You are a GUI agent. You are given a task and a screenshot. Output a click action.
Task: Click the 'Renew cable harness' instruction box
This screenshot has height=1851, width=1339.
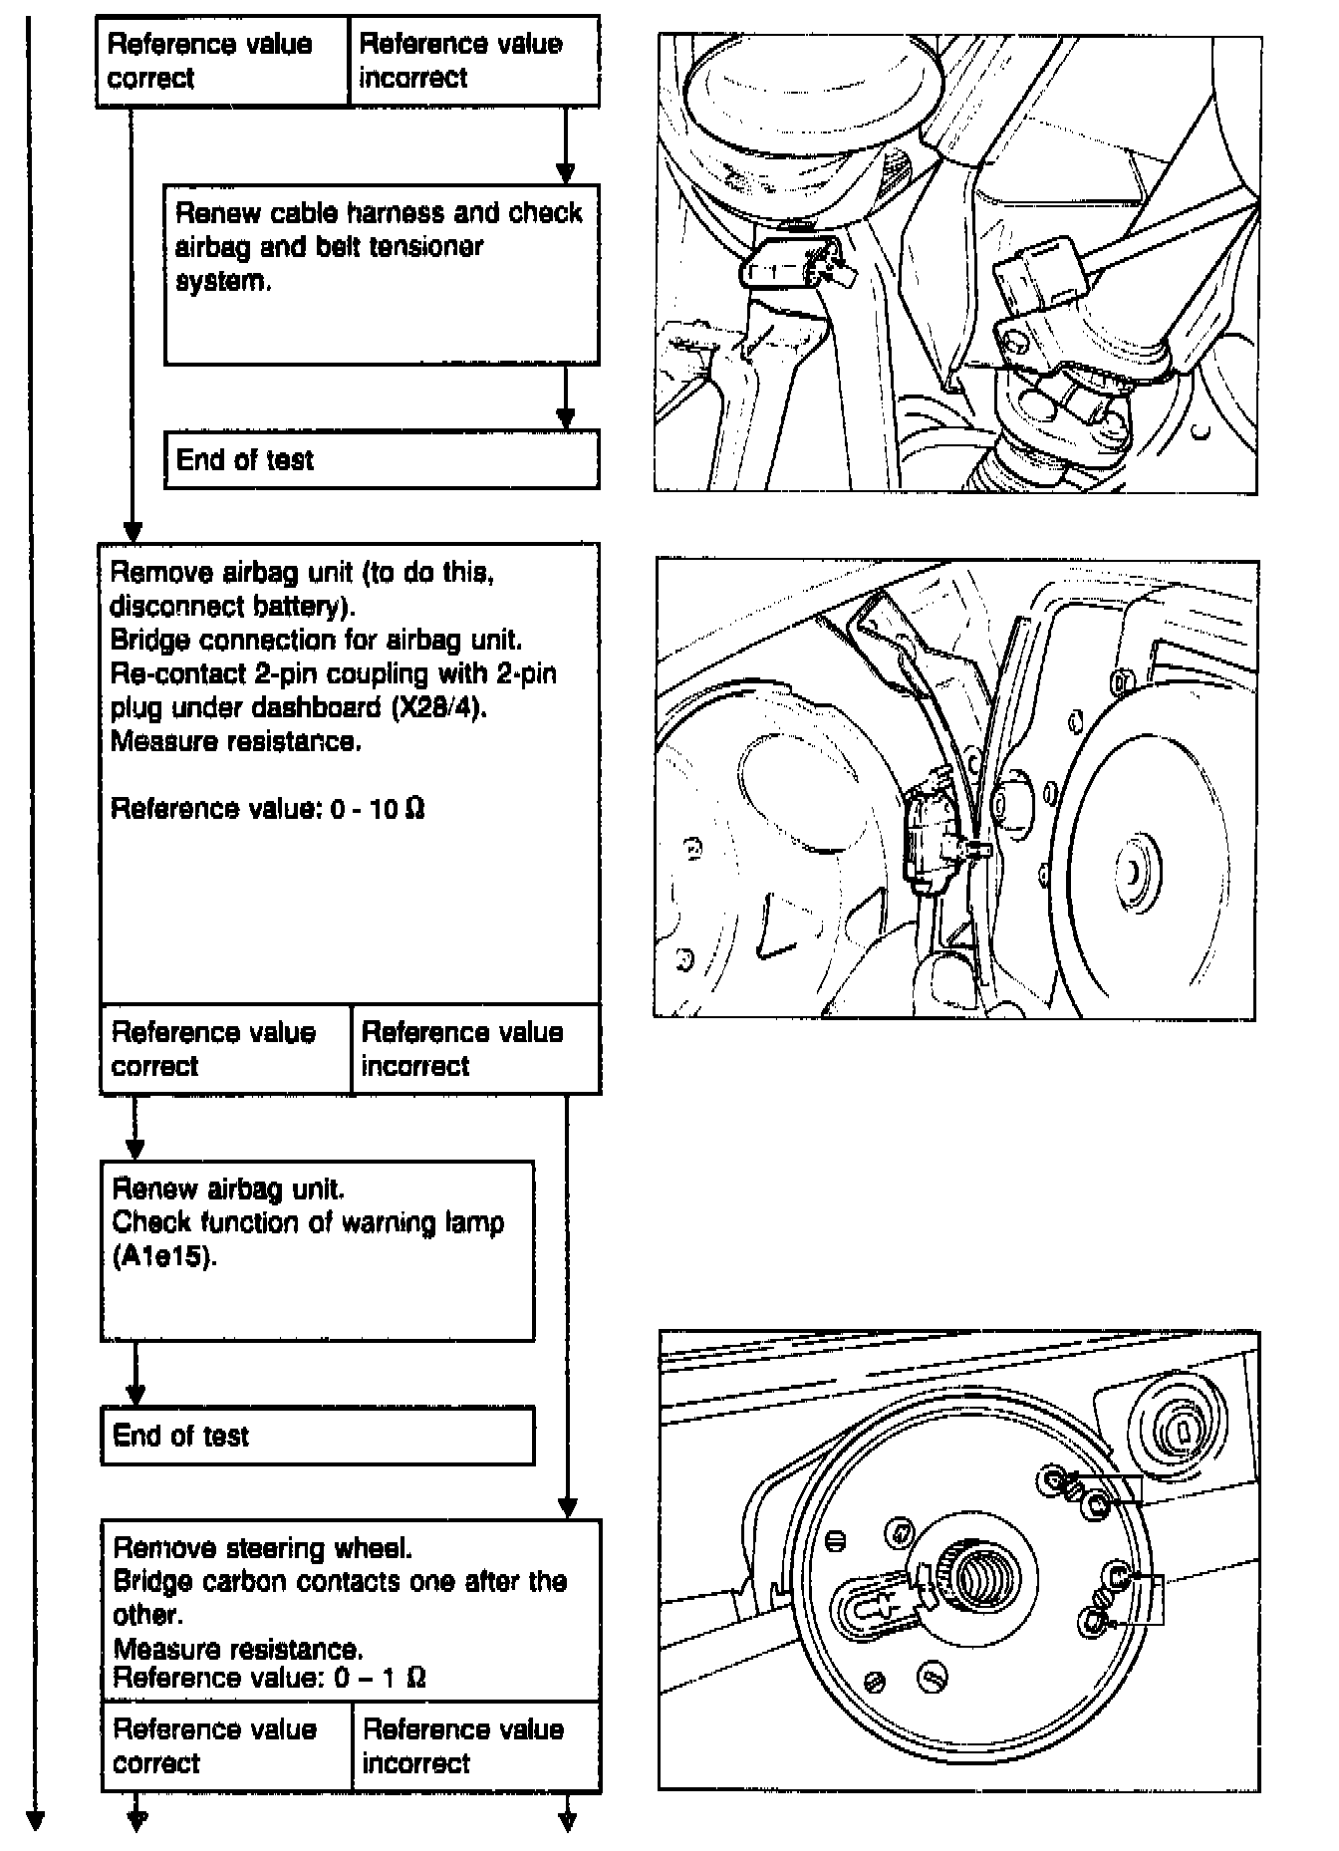tap(382, 273)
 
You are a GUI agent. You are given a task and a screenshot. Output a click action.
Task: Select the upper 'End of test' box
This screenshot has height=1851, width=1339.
tap(382, 459)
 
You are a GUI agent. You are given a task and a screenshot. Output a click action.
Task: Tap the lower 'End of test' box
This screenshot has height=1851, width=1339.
tap(317, 1435)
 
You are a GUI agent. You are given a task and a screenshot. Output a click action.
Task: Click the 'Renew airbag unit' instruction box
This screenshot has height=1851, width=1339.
tap(317, 1249)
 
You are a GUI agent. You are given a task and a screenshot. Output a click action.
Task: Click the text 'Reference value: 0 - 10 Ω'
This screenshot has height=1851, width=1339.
tap(267, 808)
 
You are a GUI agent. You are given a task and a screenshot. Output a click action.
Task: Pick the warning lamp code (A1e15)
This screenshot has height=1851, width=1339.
tap(164, 1256)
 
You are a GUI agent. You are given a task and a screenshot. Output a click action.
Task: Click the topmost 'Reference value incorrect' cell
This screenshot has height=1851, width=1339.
tap(474, 61)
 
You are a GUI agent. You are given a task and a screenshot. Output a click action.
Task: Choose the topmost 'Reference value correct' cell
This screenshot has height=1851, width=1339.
tap(222, 61)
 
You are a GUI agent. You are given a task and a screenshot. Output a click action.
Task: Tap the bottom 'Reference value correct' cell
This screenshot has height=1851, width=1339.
tap(226, 1746)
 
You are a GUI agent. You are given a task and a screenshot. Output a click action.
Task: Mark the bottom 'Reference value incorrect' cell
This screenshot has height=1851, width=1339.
tap(476, 1746)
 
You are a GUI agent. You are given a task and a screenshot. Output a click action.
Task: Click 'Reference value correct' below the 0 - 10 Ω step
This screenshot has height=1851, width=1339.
tap(225, 1049)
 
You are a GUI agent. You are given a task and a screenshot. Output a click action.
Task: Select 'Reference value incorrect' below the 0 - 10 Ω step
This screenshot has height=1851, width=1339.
tap(476, 1049)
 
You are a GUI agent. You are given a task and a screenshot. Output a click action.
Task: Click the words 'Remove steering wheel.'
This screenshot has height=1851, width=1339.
tap(262, 1547)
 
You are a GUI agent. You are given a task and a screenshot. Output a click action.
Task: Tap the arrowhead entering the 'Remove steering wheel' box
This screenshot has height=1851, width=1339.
tap(567, 1507)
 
